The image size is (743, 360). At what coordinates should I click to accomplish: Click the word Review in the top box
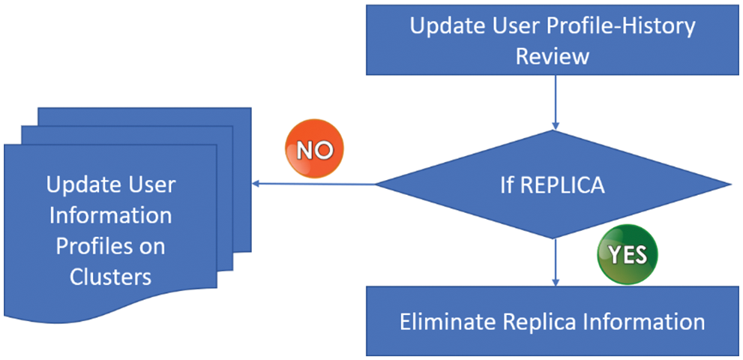click(x=553, y=56)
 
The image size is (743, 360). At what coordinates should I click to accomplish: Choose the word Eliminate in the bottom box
click(x=445, y=322)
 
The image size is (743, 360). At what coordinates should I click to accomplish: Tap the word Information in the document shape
click(x=110, y=216)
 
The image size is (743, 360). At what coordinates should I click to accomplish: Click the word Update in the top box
click(x=445, y=26)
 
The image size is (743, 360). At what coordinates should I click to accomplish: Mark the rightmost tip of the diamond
click(x=730, y=184)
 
